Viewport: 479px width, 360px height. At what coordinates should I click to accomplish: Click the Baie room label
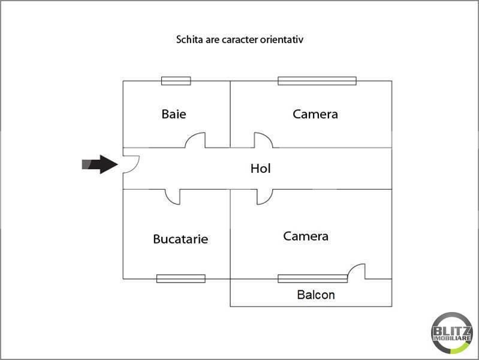tap(174, 114)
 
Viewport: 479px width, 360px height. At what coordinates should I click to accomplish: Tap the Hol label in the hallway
tap(261, 169)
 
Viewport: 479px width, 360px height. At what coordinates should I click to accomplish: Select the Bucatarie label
tap(180, 239)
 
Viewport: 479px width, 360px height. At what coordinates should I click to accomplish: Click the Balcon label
tap(316, 295)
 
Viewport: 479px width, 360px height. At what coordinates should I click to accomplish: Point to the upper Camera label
tap(315, 114)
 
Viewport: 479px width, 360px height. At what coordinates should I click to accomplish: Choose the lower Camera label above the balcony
tap(306, 236)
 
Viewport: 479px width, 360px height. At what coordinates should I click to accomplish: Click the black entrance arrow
tap(100, 164)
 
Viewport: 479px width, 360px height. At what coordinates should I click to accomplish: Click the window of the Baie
tap(176, 81)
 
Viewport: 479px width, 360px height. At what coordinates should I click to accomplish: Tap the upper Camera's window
tap(317, 81)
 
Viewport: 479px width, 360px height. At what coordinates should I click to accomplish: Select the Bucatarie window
tap(181, 278)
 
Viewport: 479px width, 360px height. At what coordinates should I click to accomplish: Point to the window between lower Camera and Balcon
tap(312, 278)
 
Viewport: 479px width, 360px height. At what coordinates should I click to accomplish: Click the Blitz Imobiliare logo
tap(452, 333)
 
